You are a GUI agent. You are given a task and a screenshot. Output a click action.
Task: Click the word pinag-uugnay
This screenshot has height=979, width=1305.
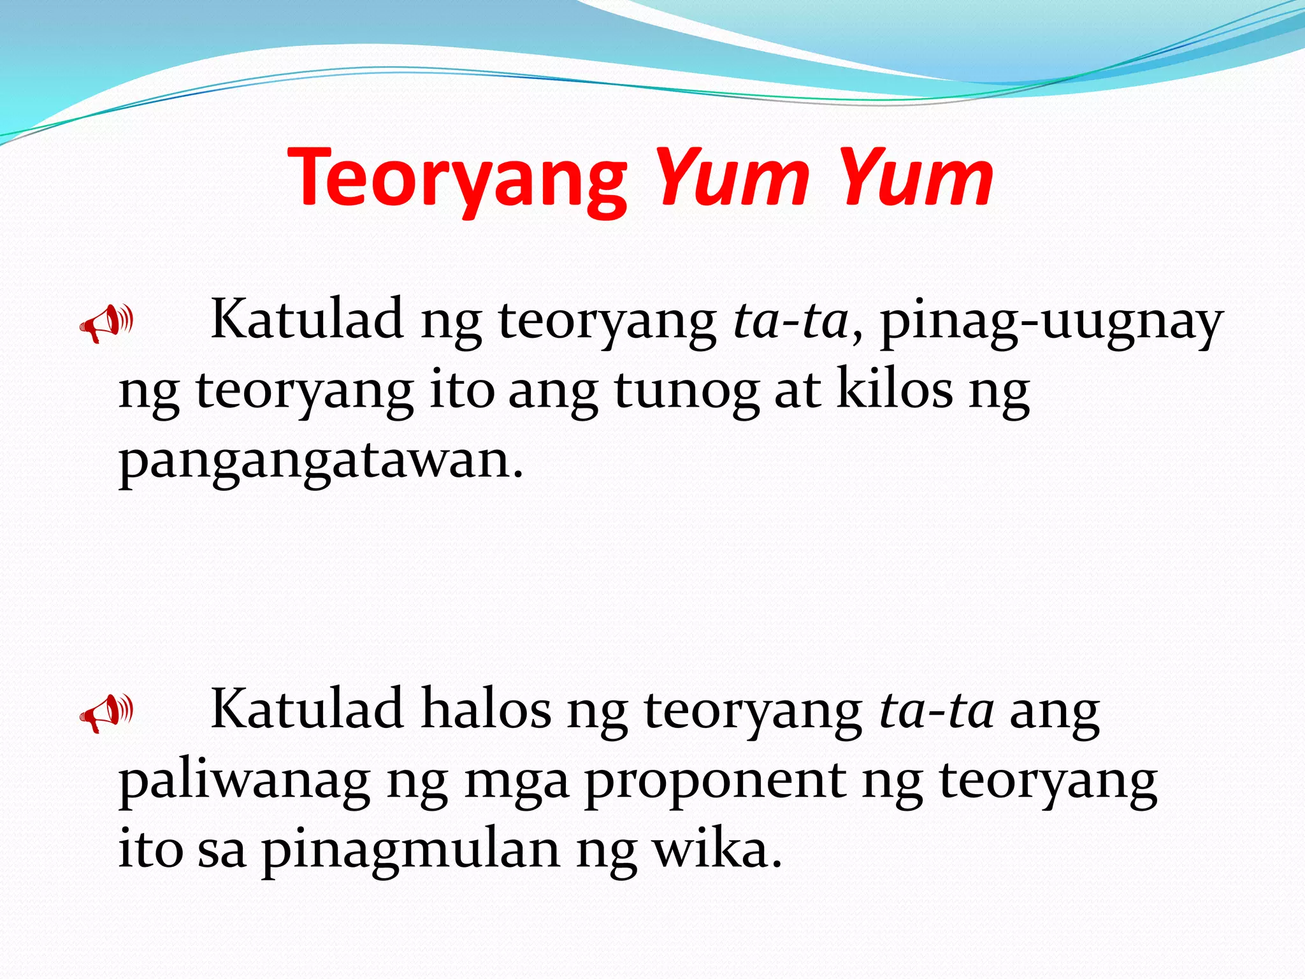tap(1051, 322)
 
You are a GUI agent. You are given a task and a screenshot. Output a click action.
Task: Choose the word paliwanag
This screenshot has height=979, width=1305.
tap(244, 782)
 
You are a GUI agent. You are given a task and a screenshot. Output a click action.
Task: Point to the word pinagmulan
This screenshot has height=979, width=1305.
tap(411, 852)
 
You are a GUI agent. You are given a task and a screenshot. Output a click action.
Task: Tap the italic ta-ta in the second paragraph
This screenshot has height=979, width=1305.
tap(936, 711)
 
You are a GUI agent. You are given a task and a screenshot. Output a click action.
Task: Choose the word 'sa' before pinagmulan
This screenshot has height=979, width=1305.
tap(221, 852)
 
